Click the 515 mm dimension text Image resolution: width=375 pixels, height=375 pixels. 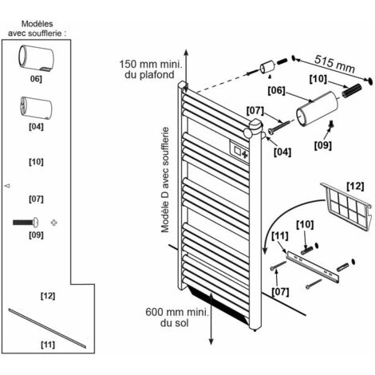tap(334, 64)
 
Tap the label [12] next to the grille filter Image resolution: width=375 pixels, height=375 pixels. tap(355, 186)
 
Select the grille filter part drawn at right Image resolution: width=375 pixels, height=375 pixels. tap(346, 207)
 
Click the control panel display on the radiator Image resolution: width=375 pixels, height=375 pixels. tap(239, 150)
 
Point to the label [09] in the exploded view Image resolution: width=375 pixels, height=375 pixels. tap(323, 145)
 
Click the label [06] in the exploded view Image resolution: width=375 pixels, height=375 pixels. tap(276, 90)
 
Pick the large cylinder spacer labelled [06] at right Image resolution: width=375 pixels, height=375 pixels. tap(317, 109)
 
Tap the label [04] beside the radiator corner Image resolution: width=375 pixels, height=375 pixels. tap(282, 152)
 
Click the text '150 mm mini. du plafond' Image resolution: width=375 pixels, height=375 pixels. tap(151, 69)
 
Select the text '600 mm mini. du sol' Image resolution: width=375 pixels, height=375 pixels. tap(177, 318)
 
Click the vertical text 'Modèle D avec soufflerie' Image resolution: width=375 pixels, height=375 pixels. tap(165, 180)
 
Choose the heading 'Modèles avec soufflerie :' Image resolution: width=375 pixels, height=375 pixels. tap(37, 29)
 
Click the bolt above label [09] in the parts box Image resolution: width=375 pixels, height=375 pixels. tap(26, 222)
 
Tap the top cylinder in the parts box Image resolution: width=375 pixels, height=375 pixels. tap(36, 59)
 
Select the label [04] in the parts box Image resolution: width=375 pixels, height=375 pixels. tap(36, 127)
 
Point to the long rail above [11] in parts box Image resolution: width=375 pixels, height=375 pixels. tap(47, 328)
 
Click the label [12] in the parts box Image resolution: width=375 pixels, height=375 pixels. tap(48, 296)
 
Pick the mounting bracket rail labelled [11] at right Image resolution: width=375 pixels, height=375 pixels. tap(313, 267)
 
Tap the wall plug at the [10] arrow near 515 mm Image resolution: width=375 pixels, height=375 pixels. tap(352, 90)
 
